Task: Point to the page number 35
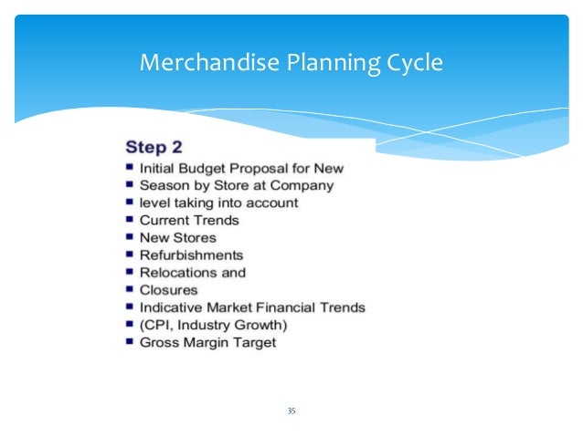pyautogui.click(x=291, y=411)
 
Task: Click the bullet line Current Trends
pyautogui.click(x=189, y=220)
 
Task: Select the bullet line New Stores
pyautogui.click(x=177, y=237)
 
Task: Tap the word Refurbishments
pyautogui.click(x=192, y=255)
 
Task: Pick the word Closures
pyautogui.click(x=168, y=289)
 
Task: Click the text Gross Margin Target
pyautogui.click(x=207, y=342)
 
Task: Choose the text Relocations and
pyautogui.click(x=193, y=272)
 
